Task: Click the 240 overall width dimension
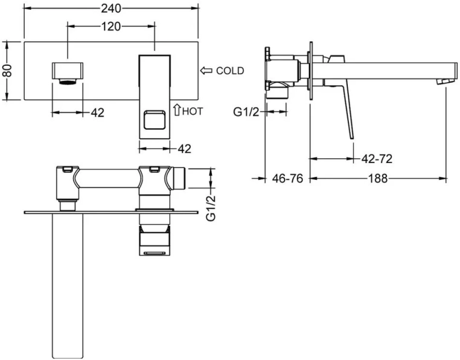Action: tap(111, 8)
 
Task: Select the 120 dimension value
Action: tap(111, 27)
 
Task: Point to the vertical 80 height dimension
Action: tap(7, 71)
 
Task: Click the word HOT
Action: tap(193, 111)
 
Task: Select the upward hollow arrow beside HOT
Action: tap(176, 109)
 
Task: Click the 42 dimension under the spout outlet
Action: tap(97, 112)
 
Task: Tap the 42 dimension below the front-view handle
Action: tap(185, 147)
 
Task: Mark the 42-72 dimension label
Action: tap(377, 159)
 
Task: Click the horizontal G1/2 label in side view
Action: tap(247, 111)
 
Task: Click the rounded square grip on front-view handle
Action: tap(155, 120)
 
